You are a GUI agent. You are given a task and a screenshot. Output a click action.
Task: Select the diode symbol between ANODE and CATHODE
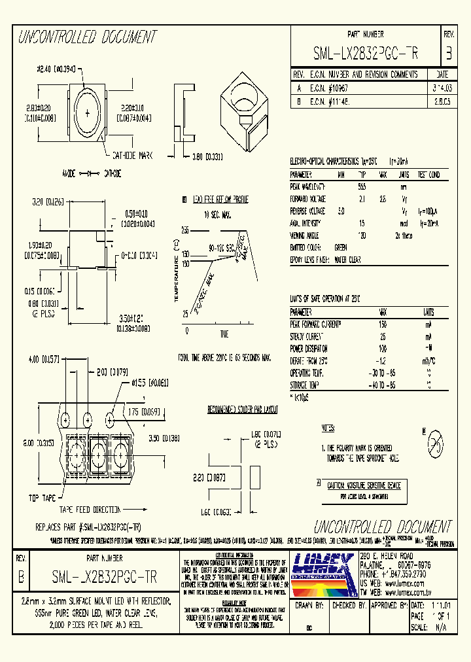(88, 174)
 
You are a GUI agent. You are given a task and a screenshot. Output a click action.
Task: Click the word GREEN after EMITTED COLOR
(340, 248)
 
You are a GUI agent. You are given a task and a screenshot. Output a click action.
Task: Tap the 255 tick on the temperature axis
(185, 231)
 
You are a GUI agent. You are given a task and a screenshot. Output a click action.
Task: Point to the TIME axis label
(224, 334)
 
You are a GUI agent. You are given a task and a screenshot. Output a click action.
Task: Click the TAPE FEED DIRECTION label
(90, 510)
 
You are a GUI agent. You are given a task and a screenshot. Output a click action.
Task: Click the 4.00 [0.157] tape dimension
(42, 360)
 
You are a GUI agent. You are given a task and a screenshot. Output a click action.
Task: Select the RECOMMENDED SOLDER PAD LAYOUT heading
(242, 410)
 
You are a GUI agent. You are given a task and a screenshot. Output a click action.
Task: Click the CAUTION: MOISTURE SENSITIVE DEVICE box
(363, 485)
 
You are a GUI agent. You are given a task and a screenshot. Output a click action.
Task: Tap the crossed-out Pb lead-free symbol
(433, 444)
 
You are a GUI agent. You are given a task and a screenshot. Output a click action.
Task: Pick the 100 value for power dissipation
(382, 348)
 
